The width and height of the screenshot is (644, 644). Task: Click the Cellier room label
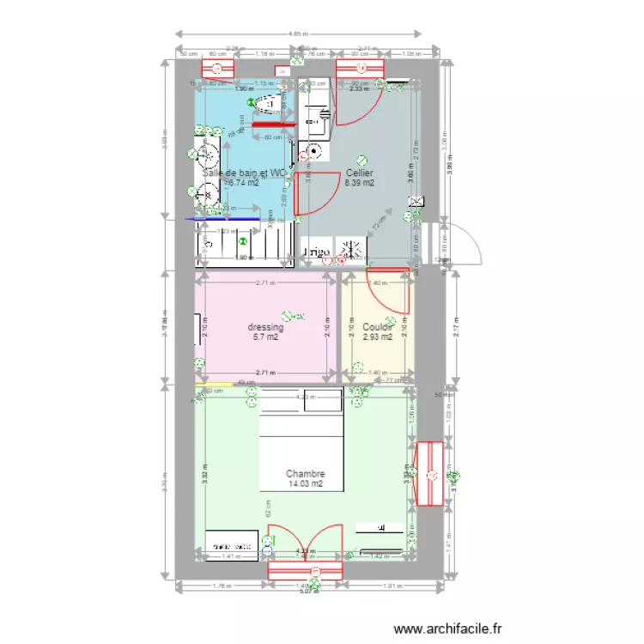point(359,172)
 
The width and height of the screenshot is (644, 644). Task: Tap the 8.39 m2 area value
point(359,182)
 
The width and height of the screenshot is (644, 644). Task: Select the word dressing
point(265,327)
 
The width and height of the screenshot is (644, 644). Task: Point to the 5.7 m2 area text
point(265,337)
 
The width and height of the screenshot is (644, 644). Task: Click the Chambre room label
point(305,473)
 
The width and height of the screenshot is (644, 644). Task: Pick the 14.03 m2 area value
point(305,483)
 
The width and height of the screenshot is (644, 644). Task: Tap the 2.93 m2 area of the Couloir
point(377,337)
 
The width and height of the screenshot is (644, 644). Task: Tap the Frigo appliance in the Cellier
point(313,252)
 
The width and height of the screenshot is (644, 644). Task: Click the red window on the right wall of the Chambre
point(427,474)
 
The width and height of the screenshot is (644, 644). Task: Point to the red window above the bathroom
point(217,69)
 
